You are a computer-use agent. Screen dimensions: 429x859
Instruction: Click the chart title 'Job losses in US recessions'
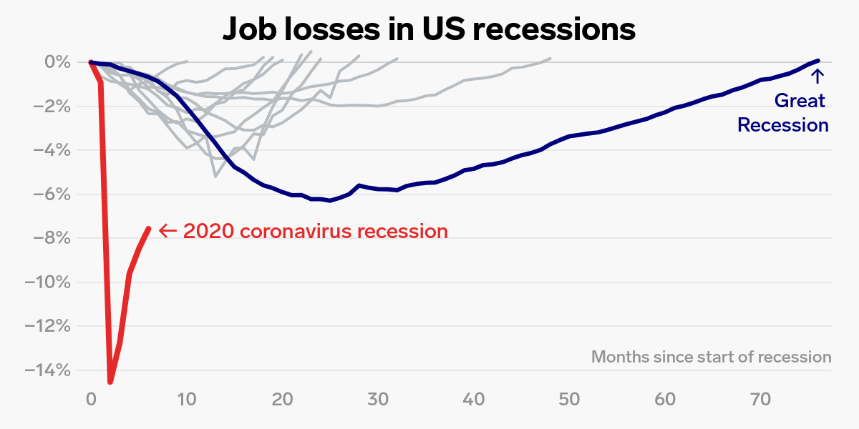(x=429, y=29)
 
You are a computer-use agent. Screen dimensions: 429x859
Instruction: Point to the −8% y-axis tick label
(x=49, y=238)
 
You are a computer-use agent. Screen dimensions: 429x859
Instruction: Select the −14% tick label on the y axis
(x=47, y=370)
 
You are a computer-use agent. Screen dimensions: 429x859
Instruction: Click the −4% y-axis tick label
(x=49, y=150)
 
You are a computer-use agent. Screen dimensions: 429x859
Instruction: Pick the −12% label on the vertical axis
(x=47, y=326)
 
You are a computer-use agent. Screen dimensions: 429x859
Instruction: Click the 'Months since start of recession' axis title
(x=711, y=357)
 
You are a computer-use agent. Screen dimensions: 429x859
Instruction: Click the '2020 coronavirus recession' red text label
(x=315, y=231)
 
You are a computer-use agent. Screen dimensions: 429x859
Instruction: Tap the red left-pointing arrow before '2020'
(x=168, y=230)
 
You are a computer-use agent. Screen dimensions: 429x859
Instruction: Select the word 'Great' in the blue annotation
(x=800, y=101)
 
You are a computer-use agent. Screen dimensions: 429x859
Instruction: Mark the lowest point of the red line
(x=110, y=382)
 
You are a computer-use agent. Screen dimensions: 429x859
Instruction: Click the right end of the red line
(x=148, y=228)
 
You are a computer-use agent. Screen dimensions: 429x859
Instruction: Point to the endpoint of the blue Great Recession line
(x=817, y=61)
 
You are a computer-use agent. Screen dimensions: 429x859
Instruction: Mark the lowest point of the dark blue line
(x=330, y=201)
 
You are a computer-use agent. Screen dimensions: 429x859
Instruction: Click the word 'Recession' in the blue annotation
(x=783, y=125)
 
